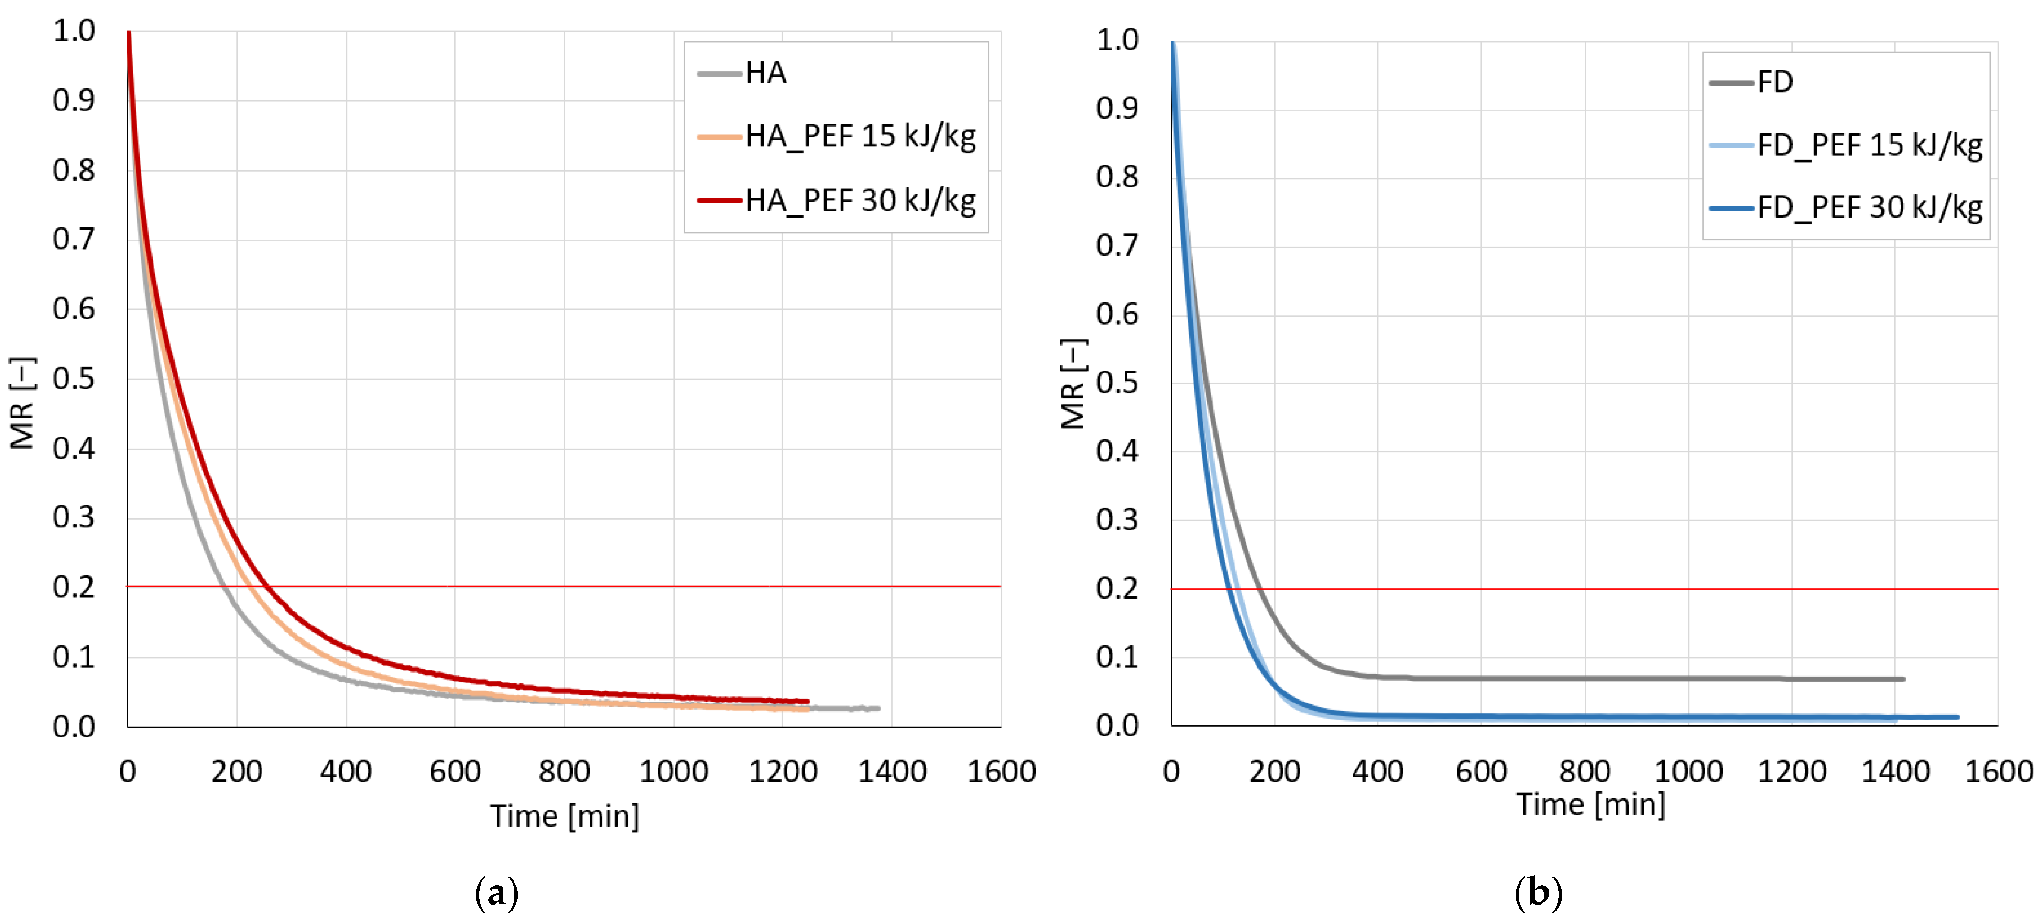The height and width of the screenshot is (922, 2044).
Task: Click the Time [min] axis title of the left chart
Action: tap(564, 816)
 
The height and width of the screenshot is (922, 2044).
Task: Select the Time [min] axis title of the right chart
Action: tap(1590, 804)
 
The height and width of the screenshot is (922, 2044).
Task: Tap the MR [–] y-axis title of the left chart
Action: tap(22, 403)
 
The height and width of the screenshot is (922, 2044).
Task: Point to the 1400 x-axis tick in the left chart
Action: tap(892, 771)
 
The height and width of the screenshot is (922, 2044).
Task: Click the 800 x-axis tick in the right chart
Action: tap(1585, 771)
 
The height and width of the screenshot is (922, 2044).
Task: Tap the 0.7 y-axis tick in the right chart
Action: tap(1117, 246)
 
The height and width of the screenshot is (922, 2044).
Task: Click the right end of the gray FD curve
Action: tap(1903, 679)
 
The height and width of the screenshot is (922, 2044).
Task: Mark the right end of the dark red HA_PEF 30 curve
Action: tap(807, 702)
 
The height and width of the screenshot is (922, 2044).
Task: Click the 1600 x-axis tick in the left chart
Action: tap(1001, 771)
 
